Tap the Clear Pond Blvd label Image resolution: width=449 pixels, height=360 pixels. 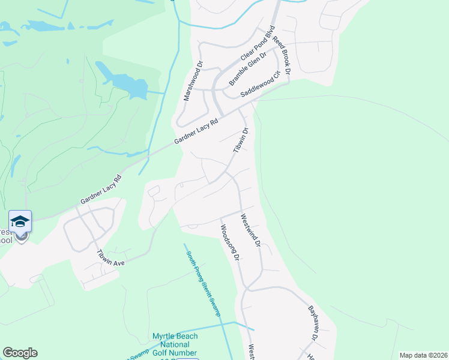coord(258,43)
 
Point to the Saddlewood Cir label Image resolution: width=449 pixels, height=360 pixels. coord(261,85)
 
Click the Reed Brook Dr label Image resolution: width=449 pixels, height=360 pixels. coord(282,55)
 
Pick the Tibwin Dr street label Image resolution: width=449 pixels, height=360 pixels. coord(241,140)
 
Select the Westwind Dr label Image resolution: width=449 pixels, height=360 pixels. coord(251,230)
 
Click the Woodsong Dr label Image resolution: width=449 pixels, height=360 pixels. coord(230,242)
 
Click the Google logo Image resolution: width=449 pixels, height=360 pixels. coord(20,353)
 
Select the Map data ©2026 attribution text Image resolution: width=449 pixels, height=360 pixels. coord(423,355)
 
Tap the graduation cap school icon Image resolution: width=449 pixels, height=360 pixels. coord(20,222)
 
